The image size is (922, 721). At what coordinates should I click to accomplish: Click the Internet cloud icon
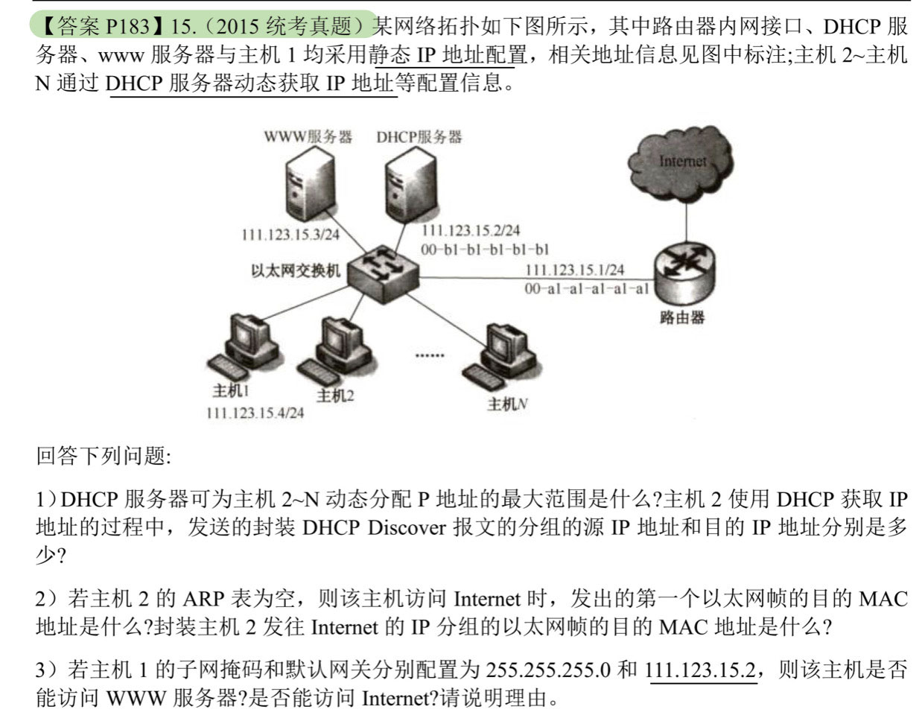(680, 163)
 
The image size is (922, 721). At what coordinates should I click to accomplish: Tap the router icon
(683, 273)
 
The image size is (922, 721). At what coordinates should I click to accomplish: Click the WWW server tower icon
(309, 185)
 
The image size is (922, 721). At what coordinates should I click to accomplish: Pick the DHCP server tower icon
(410, 185)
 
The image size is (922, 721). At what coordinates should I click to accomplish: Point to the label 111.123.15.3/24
(290, 235)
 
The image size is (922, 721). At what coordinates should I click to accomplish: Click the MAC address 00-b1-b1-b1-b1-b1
(485, 250)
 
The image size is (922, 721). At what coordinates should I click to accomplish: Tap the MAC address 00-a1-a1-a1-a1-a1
(587, 289)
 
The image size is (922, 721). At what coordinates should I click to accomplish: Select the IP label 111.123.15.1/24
(575, 270)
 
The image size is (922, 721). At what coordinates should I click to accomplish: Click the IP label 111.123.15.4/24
(255, 413)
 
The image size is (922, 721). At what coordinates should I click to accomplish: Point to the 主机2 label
(335, 396)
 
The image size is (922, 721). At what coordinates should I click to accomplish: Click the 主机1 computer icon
(244, 346)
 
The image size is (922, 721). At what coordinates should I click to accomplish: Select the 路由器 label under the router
(682, 317)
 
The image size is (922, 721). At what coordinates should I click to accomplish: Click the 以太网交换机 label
(296, 270)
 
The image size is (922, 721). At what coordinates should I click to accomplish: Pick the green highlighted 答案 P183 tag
(203, 25)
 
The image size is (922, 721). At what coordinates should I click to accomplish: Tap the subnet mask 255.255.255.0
(548, 670)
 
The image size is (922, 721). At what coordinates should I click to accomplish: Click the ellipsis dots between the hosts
(430, 355)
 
